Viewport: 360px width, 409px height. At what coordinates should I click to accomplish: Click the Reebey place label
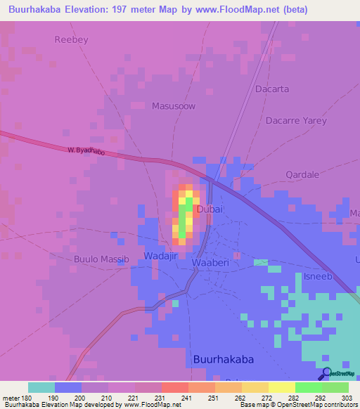(x=72, y=39)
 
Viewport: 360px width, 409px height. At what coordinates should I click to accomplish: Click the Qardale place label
(x=303, y=174)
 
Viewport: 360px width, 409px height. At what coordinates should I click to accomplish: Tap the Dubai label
(x=210, y=209)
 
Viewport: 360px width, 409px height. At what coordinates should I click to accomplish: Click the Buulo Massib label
(x=102, y=259)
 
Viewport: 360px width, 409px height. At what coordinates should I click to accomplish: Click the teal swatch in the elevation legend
(x=41, y=387)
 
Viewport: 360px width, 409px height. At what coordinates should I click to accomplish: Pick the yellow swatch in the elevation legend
(x=281, y=387)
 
